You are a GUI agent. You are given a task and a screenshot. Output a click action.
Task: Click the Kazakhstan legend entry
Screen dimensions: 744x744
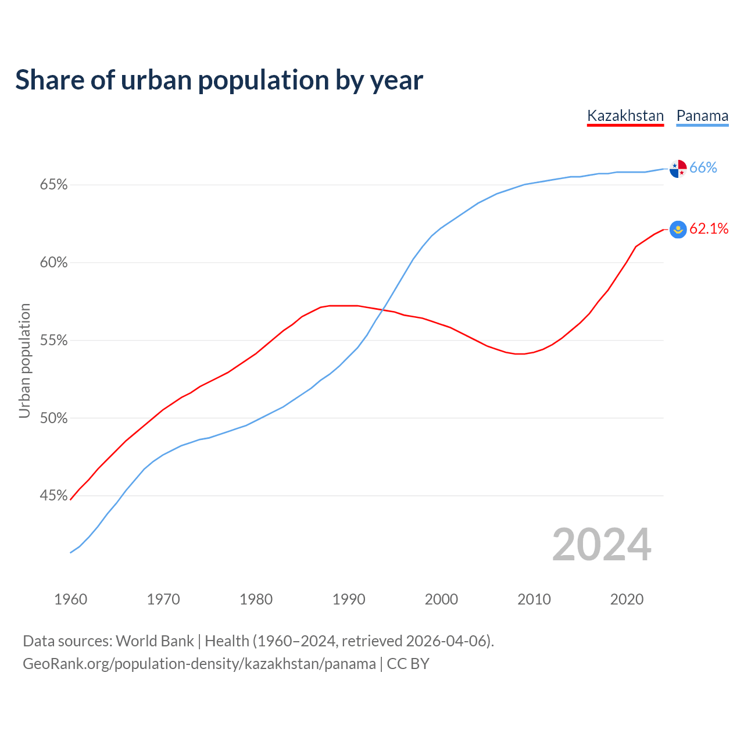625,116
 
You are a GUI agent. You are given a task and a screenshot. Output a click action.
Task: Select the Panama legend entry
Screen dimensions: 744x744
702,116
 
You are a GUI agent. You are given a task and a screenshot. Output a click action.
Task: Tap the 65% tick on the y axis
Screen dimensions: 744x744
54,185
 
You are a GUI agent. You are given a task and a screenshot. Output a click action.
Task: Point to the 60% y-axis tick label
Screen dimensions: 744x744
54,263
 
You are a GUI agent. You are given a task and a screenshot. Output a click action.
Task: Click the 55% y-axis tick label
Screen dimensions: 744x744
54,340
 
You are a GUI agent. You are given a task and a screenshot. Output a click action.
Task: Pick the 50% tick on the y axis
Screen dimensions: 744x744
54,418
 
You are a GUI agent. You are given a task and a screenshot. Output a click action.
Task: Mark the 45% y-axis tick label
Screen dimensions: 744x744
54,496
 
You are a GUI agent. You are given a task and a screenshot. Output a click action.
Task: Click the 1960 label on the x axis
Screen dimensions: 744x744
70,599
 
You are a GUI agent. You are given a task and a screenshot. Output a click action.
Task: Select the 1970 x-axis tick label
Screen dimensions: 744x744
163,599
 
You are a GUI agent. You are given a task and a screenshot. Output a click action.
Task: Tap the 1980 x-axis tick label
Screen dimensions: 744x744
256,599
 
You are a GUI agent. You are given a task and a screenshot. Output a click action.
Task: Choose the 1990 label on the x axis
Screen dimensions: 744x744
349,599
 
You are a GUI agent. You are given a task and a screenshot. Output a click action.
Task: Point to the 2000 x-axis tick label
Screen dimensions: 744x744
441,599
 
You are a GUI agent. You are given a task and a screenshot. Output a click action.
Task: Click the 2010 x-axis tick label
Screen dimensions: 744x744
534,599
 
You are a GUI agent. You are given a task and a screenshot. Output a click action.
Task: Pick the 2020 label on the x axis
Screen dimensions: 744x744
627,599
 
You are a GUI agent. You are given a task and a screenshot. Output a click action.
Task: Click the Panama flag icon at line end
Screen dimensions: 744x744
678,169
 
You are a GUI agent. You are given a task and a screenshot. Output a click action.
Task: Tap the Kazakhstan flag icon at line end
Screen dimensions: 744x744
678,230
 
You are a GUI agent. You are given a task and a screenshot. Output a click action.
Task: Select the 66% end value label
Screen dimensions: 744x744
703,168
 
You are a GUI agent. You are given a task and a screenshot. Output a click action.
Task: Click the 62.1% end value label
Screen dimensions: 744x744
709,229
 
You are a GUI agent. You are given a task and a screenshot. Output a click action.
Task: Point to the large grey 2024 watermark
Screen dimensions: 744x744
602,545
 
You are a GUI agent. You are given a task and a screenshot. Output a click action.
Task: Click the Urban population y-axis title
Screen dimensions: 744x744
24,360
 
